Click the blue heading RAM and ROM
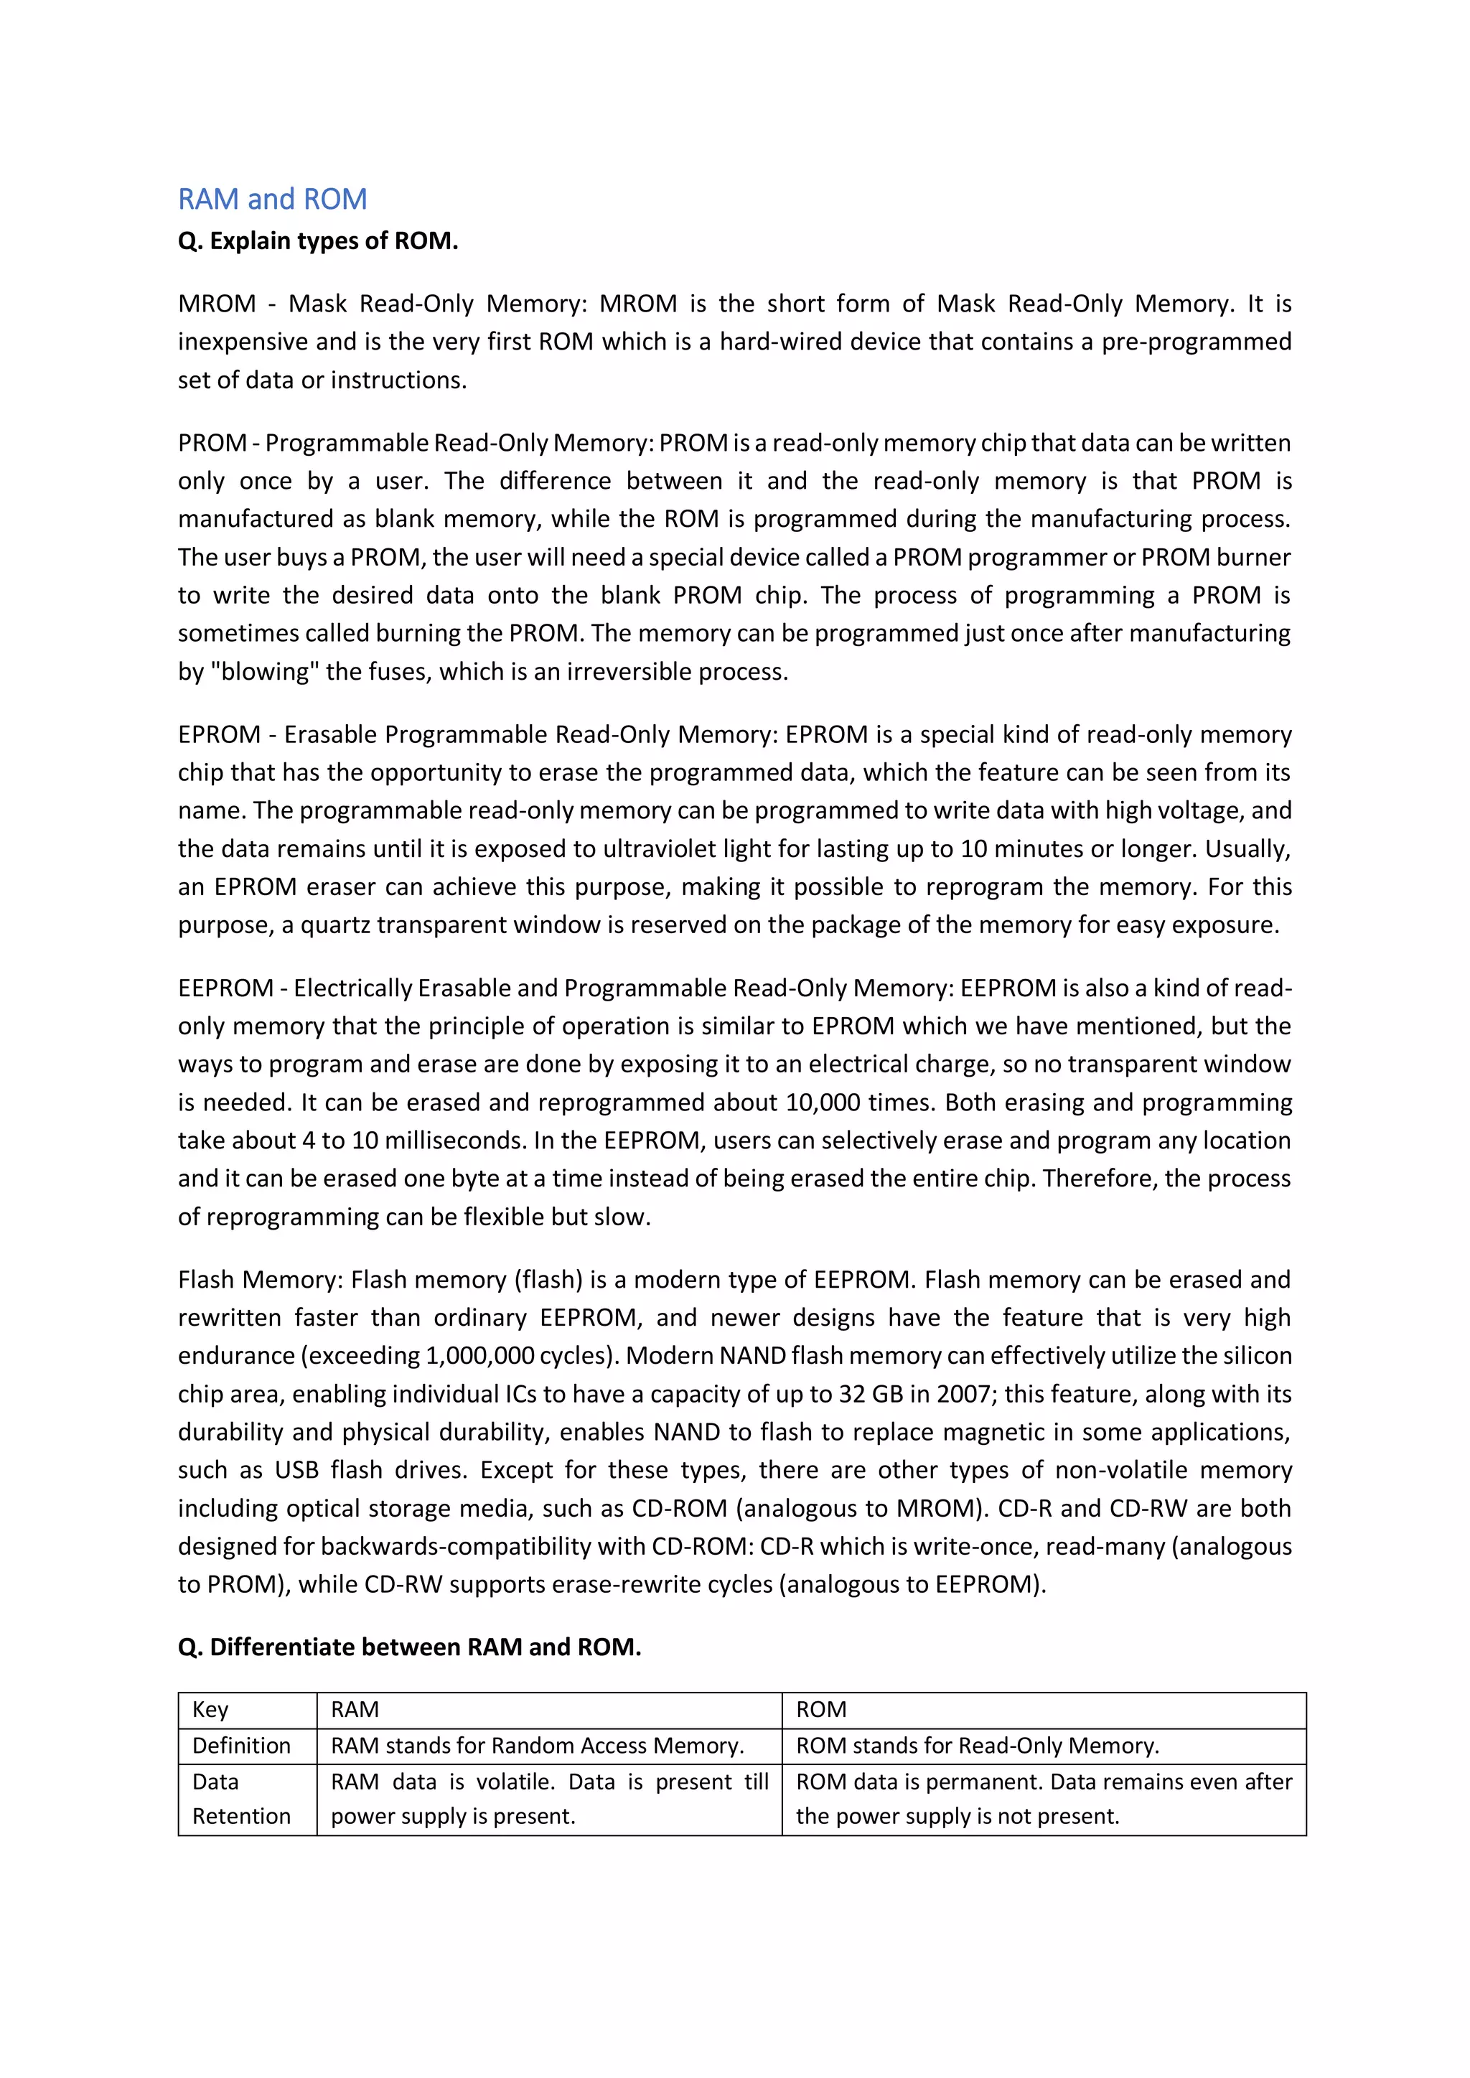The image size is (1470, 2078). click(273, 199)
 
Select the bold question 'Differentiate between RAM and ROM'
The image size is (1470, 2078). click(409, 1647)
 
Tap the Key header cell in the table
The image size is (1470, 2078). click(210, 1710)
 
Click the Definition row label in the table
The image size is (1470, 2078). click(242, 1746)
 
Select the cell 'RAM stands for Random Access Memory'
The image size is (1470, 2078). click(538, 1746)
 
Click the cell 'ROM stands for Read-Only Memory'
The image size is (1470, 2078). click(978, 1746)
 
